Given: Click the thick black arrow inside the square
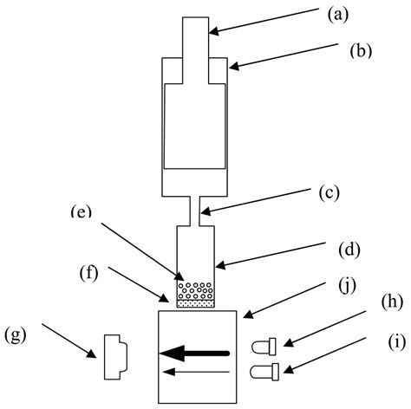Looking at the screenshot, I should tap(194, 353).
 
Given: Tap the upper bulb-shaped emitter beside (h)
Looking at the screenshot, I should tap(262, 348).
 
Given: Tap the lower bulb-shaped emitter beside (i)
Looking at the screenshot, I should tap(262, 373).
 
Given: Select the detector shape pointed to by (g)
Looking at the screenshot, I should tap(115, 357).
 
